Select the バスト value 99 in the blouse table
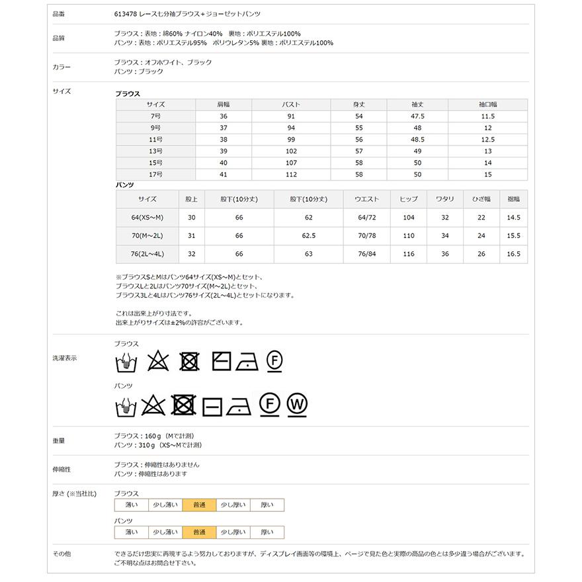(291, 140)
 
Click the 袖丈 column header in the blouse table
(417, 104)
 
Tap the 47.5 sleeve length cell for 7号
(417, 116)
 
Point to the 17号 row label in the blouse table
(155, 175)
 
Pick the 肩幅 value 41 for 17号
(223, 175)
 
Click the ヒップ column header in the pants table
(408, 199)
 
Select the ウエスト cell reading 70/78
(366, 236)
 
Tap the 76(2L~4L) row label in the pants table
(147, 254)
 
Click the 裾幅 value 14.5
(513, 218)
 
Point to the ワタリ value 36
(444, 254)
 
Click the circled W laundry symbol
(298, 404)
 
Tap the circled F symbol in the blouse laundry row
(274, 360)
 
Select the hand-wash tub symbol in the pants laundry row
(126, 405)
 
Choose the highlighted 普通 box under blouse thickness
(198, 505)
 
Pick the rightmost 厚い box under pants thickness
(267, 532)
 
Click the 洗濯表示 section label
(64, 358)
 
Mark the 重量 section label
(58, 440)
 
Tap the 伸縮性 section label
(61, 469)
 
